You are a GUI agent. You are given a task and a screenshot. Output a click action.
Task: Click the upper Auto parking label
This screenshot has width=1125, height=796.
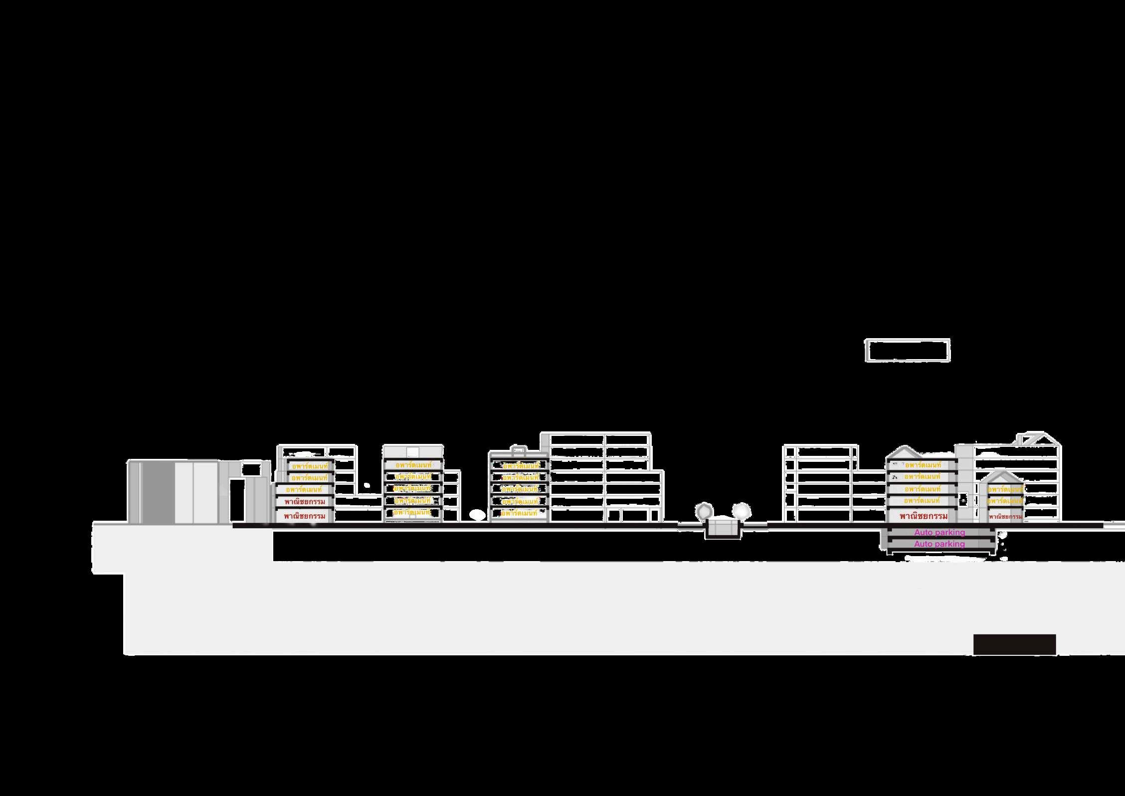(939, 533)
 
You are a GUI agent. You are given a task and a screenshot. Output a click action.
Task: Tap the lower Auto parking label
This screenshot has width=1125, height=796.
(939, 544)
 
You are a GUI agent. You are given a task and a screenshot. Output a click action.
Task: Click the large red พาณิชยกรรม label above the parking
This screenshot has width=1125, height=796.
(923, 516)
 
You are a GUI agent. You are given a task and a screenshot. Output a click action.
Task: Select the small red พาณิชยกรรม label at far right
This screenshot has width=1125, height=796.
(1005, 517)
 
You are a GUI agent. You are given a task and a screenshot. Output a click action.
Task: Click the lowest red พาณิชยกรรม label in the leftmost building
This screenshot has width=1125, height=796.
(304, 516)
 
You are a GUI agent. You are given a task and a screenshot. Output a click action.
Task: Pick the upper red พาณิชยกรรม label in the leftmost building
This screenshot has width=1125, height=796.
(304, 501)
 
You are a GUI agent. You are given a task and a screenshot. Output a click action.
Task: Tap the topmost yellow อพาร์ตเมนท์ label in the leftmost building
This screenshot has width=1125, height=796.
(310, 466)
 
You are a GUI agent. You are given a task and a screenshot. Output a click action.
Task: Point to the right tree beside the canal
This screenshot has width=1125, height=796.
(741, 511)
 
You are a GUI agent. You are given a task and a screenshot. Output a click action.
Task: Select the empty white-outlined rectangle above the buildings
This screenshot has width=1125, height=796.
(907, 351)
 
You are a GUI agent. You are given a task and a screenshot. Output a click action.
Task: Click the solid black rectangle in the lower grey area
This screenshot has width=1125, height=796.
(1014, 644)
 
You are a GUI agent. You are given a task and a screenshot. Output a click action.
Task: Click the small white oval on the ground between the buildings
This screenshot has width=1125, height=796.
(477, 513)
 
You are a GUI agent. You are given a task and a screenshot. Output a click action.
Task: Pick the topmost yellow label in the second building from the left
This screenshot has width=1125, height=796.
(413, 465)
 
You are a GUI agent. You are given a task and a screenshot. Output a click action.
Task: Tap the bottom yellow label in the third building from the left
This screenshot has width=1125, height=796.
(519, 513)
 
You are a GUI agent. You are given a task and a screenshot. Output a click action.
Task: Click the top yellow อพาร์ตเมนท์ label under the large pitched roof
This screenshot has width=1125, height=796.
(923, 465)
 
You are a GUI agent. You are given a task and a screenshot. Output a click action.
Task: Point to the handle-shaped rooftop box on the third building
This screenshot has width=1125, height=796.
(518, 450)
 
